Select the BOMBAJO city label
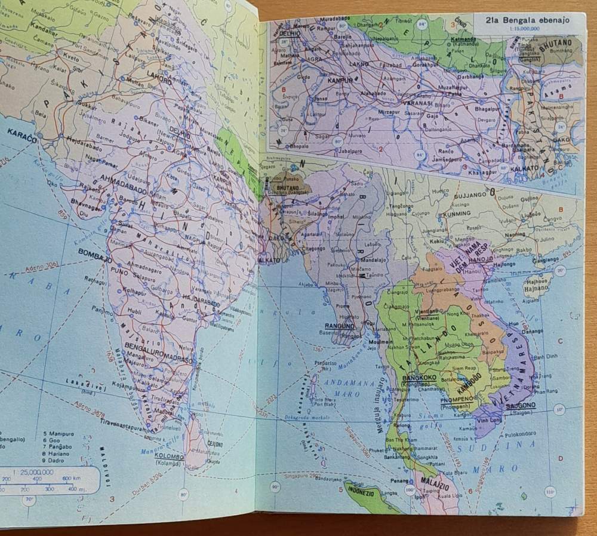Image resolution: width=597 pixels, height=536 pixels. pyautogui.click(x=96, y=252)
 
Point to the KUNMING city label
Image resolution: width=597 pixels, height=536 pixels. pyautogui.click(x=457, y=213)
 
